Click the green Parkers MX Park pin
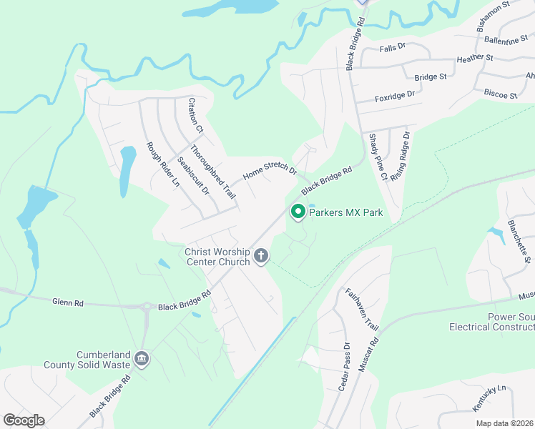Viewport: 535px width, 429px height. (298, 212)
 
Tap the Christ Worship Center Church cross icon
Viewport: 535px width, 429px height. (262, 256)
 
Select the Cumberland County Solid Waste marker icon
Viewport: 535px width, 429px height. (141, 359)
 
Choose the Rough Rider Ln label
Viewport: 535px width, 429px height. (163, 165)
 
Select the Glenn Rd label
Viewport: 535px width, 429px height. (68, 303)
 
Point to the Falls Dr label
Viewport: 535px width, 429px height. (393, 46)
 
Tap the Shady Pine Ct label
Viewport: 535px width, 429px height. (378, 157)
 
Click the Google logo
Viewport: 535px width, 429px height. (24, 420)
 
